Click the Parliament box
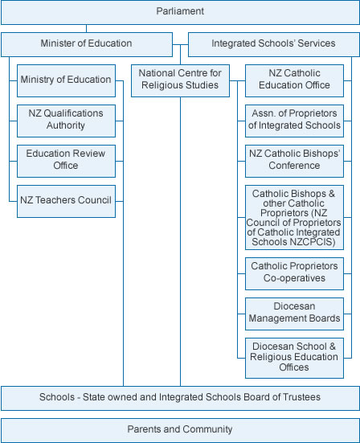(180, 12)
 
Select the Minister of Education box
(87, 44)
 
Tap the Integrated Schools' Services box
(274, 44)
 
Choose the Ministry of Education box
(66, 80)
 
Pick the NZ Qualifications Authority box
(66, 121)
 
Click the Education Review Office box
(66, 161)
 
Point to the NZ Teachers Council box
(66, 201)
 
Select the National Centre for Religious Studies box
(180, 80)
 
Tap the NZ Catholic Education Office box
(294, 80)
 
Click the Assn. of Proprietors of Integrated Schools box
(294, 121)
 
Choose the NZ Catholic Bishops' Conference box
(294, 161)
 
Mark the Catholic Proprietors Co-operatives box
(294, 273)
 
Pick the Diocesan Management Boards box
(294, 314)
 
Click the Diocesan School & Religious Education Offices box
(294, 358)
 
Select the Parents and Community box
(180, 430)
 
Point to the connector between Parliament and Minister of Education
(87, 28)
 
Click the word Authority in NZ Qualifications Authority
(66, 125)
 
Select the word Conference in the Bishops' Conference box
(294, 166)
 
